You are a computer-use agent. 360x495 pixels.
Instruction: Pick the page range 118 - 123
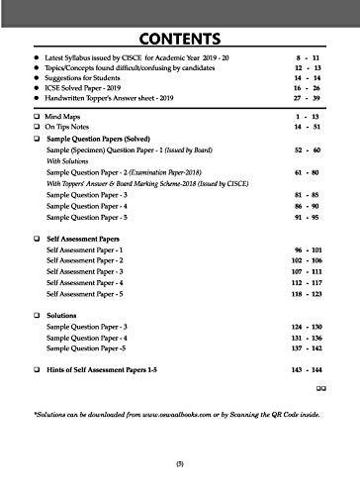click(x=315, y=335)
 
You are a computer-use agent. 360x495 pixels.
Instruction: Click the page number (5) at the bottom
click(x=180, y=476)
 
